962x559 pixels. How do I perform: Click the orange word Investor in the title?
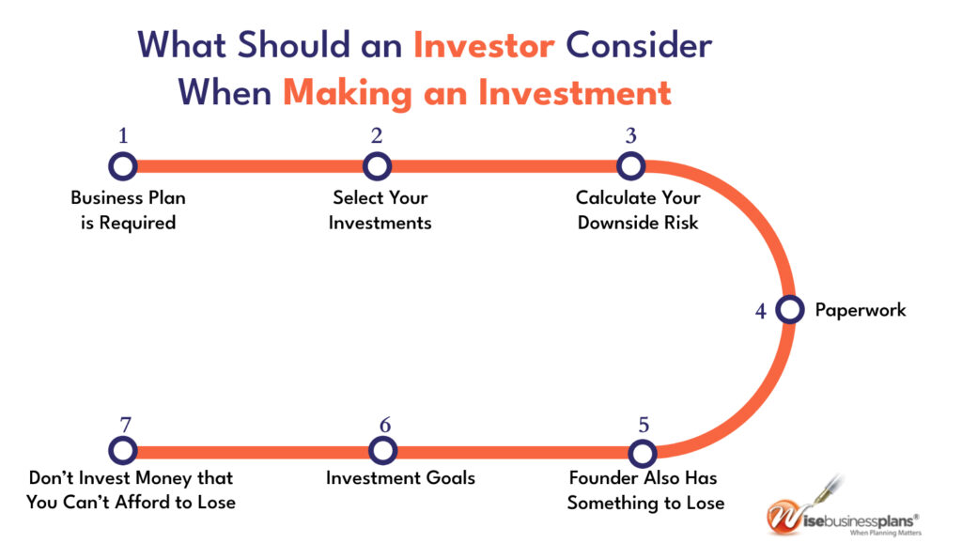coord(484,45)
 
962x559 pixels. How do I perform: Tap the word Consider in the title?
coord(639,45)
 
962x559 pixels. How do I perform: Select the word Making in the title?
coord(348,94)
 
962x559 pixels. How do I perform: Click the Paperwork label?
coord(861,310)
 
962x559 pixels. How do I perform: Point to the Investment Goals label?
coord(400,478)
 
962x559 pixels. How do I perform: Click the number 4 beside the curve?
coord(761,311)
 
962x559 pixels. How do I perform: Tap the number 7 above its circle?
coord(125,425)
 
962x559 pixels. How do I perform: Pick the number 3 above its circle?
coord(630,135)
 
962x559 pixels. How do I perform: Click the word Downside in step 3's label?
coord(609,223)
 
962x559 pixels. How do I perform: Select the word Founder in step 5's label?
coord(595,478)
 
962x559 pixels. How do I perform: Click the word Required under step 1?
coord(137,224)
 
